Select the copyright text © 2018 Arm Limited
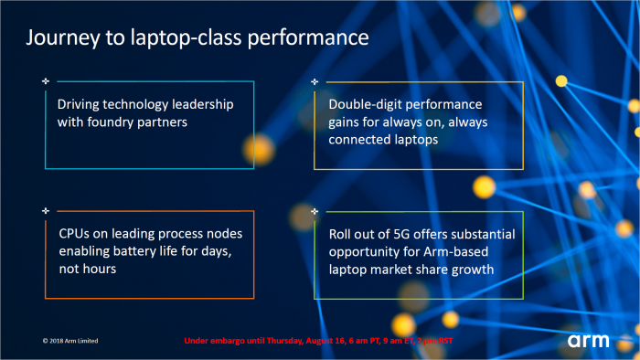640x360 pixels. point(69,341)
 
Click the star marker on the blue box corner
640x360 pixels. point(46,81)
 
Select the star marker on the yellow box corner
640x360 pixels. point(315,81)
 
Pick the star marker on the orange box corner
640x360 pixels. point(46,211)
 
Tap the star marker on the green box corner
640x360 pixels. point(315,211)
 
